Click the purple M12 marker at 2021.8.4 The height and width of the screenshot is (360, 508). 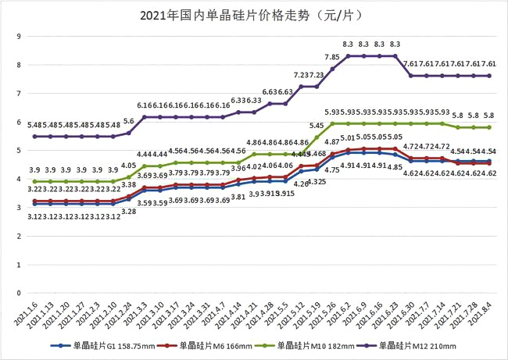[488, 76]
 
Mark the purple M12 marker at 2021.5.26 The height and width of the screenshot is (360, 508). [332, 69]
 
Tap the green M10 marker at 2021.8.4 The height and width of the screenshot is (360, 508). [488, 127]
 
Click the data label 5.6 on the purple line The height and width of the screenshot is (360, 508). [129, 121]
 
